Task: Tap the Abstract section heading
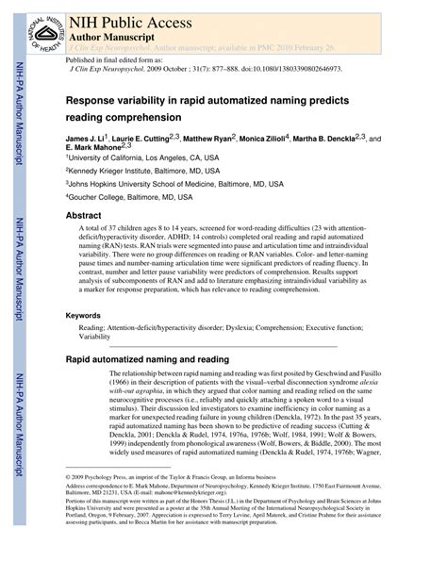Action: tap(83, 215)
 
